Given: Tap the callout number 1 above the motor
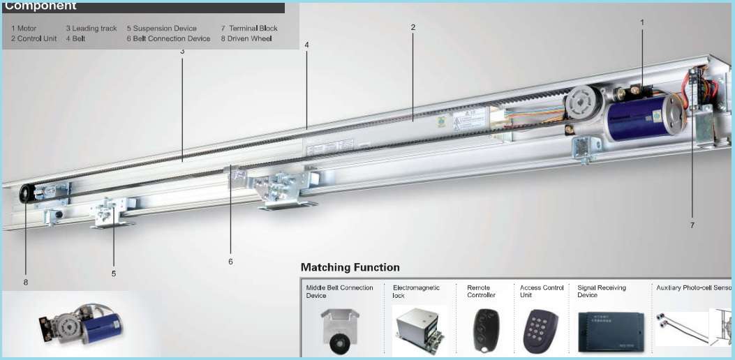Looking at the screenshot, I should coord(642,22).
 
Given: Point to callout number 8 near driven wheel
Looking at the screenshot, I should coord(26,283).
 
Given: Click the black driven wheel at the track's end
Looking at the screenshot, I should coord(27,193).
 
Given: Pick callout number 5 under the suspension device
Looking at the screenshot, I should coord(114,273).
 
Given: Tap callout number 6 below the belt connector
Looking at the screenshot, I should coord(230,262).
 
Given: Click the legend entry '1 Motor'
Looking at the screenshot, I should coord(24,29).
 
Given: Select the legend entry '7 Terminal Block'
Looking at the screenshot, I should coord(248,29).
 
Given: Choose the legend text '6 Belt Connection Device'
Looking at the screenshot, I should coord(168,39).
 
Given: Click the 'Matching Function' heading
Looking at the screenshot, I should coord(350,267).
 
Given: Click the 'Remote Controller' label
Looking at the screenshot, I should coord(481,291).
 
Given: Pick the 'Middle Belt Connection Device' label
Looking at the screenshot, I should coord(339,291).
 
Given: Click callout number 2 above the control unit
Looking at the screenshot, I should coord(413,27).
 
